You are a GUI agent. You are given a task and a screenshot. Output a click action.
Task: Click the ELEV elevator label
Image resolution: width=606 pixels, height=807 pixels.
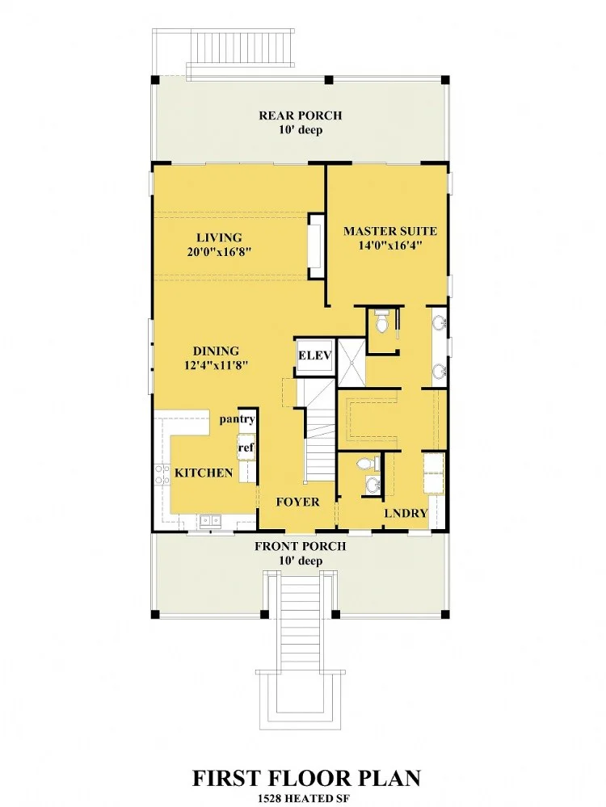tap(314, 355)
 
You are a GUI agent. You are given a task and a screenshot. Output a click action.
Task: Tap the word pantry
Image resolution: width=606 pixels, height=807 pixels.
tap(238, 419)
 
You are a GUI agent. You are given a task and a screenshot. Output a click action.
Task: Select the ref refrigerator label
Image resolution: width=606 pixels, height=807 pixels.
tap(246, 448)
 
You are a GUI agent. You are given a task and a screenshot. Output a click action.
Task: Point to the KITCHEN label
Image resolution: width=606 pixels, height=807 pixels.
tap(204, 473)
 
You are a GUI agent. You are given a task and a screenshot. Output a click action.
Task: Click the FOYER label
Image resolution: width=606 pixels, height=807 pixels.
tap(297, 502)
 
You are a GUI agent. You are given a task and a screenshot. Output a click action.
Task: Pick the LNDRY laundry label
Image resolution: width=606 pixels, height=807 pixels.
tap(406, 513)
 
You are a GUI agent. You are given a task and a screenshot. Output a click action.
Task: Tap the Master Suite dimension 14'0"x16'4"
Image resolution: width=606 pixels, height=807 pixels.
tap(390, 246)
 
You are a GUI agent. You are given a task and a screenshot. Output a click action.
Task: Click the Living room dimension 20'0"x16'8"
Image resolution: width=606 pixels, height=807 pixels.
tap(219, 252)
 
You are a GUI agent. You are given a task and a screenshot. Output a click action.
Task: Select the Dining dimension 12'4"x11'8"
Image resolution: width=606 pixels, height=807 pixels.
tap(217, 365)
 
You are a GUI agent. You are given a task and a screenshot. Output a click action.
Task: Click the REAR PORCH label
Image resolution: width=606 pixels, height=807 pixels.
tap(300, 116)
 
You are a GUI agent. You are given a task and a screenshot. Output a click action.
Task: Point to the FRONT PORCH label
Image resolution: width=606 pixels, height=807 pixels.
tap(300, 546)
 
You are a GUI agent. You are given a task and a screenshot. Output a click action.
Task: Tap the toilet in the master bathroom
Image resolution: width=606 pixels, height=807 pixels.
tap(381, 322)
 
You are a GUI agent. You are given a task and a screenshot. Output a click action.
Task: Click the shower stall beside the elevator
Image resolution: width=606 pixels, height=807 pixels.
tap(351, 362)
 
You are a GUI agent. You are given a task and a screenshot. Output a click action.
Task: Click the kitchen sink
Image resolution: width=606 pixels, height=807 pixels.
tap(210, 521)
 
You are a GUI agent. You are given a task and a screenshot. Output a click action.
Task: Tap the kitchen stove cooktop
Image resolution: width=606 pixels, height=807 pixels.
tap(162, 474)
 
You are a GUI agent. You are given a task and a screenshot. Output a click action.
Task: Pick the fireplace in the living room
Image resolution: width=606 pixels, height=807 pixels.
tap(316, 246)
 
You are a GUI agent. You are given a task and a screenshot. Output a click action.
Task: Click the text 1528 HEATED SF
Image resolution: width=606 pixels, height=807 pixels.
tap(303, 799)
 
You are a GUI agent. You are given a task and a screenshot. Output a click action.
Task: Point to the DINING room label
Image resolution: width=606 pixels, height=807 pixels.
tap(217, 351)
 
